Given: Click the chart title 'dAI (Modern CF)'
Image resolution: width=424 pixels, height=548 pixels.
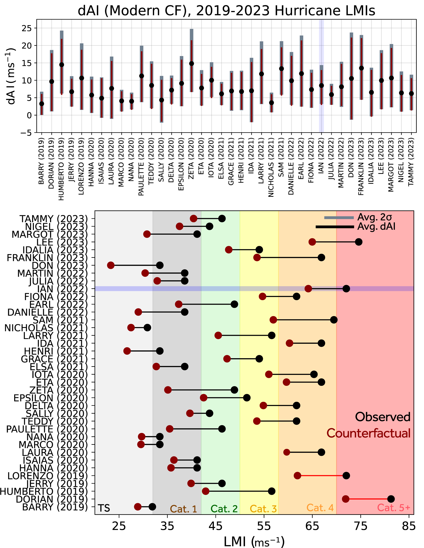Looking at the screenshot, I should tap(135, 11).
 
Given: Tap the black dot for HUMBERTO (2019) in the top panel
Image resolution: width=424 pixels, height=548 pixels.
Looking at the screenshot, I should tap(61, 65).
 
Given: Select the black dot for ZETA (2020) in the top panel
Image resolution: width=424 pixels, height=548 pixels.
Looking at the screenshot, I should tap(191, 64).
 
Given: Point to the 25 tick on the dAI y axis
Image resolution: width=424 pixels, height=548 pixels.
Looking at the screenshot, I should tap(27, 28).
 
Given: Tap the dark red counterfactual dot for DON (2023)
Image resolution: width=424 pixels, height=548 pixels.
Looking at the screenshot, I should tap(111, 265).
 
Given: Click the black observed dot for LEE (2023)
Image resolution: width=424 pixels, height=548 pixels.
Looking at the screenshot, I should tap(359, 242).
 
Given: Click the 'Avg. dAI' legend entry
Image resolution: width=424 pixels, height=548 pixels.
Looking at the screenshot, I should tap(376, 227).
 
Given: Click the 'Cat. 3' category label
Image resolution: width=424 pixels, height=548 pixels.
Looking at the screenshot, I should tap(263, 509).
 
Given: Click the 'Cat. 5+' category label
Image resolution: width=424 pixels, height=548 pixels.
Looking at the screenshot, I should tap(394, 508).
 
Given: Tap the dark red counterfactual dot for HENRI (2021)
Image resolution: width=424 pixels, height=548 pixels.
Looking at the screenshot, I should tap(127, 351).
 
